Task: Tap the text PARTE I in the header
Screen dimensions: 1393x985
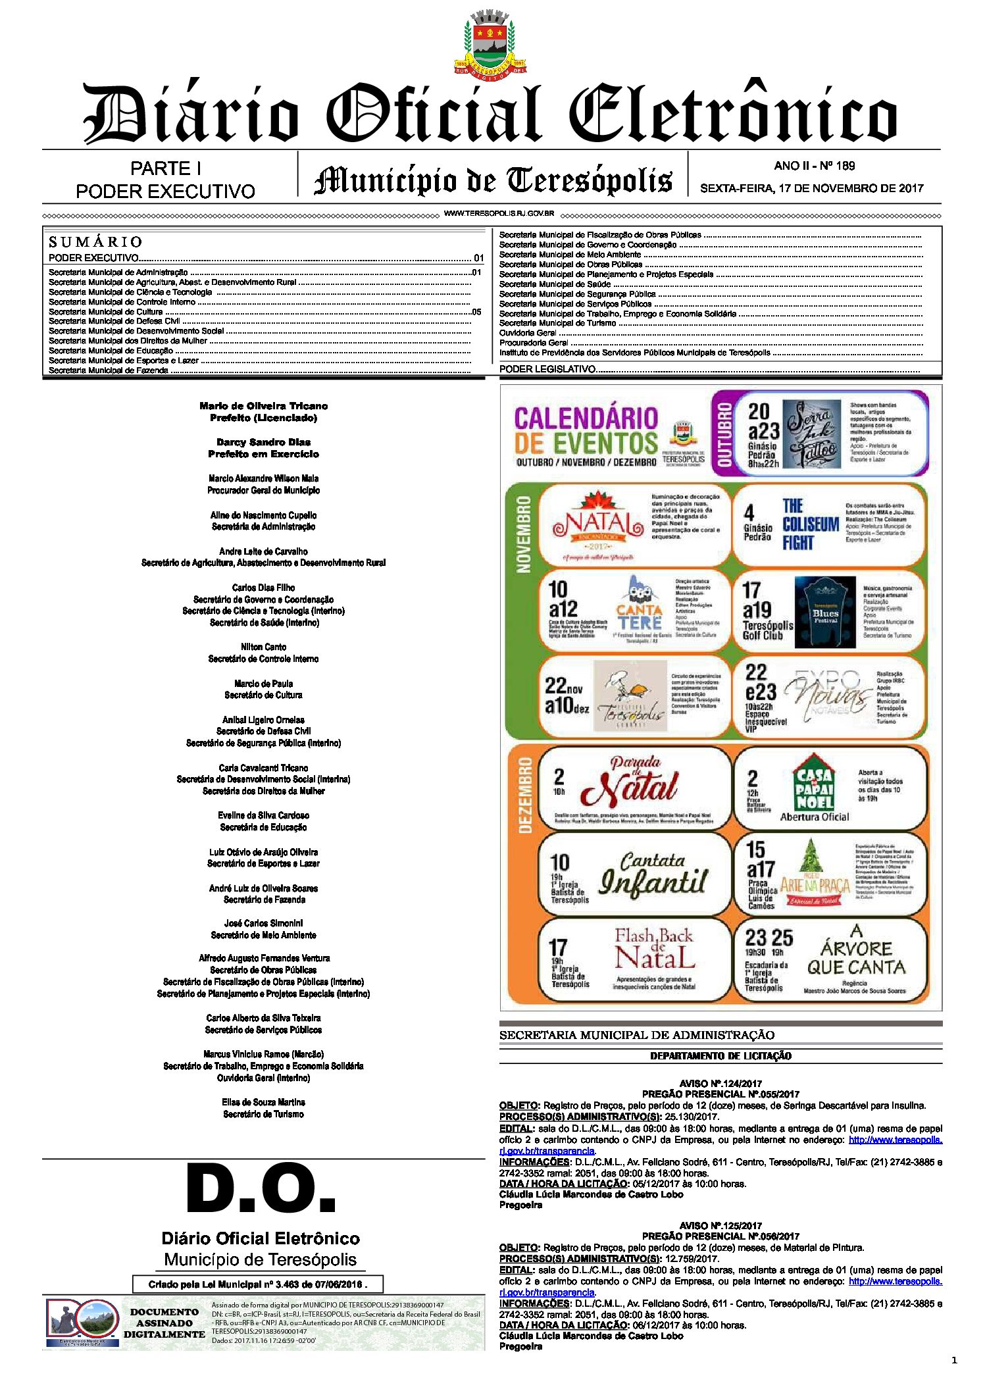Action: click(165, 168)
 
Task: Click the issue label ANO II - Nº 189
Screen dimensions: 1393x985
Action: click(814, 166)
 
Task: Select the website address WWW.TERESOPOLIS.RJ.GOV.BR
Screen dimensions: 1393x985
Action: click(499, 214)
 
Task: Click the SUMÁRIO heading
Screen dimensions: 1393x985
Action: click(95, 241)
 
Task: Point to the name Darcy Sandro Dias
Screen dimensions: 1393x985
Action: click(263, 442)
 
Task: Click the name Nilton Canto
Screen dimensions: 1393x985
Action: click(263, 647)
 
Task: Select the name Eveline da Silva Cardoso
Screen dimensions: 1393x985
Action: click(263, 815)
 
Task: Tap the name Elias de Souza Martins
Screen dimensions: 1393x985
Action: click(263, 1102)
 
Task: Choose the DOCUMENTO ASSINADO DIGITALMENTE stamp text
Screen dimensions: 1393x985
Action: click(164, 1323)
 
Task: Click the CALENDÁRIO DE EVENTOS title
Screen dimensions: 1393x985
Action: click(586, 431)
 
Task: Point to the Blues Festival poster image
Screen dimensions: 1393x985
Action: click(825, 613)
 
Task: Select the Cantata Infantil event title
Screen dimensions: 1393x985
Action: click(653, 874)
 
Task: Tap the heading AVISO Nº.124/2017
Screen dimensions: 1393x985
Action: click(720, 1083)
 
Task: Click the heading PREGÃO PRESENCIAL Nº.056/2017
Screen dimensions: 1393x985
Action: click(720, 1236)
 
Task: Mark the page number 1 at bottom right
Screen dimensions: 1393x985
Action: click(954, 1360)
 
